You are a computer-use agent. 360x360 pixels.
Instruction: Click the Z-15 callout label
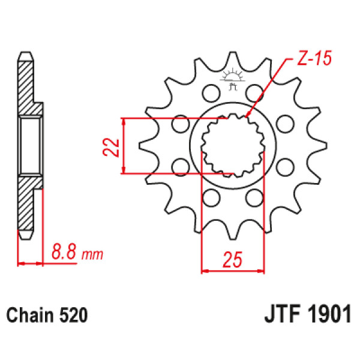pos(314,60)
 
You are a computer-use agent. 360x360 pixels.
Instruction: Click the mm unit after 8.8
pos(92,255)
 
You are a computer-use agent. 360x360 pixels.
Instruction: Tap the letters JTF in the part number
pos(281,315)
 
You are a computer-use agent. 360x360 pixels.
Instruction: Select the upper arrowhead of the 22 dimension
pos(124,121)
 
